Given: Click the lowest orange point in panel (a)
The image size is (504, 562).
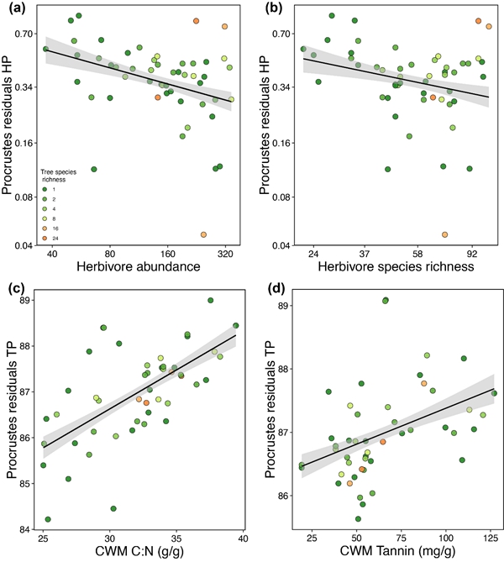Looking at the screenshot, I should point(203,234).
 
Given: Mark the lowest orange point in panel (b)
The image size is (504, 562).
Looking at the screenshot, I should point(444,234).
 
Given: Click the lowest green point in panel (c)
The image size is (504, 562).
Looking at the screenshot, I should point(48,520).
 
